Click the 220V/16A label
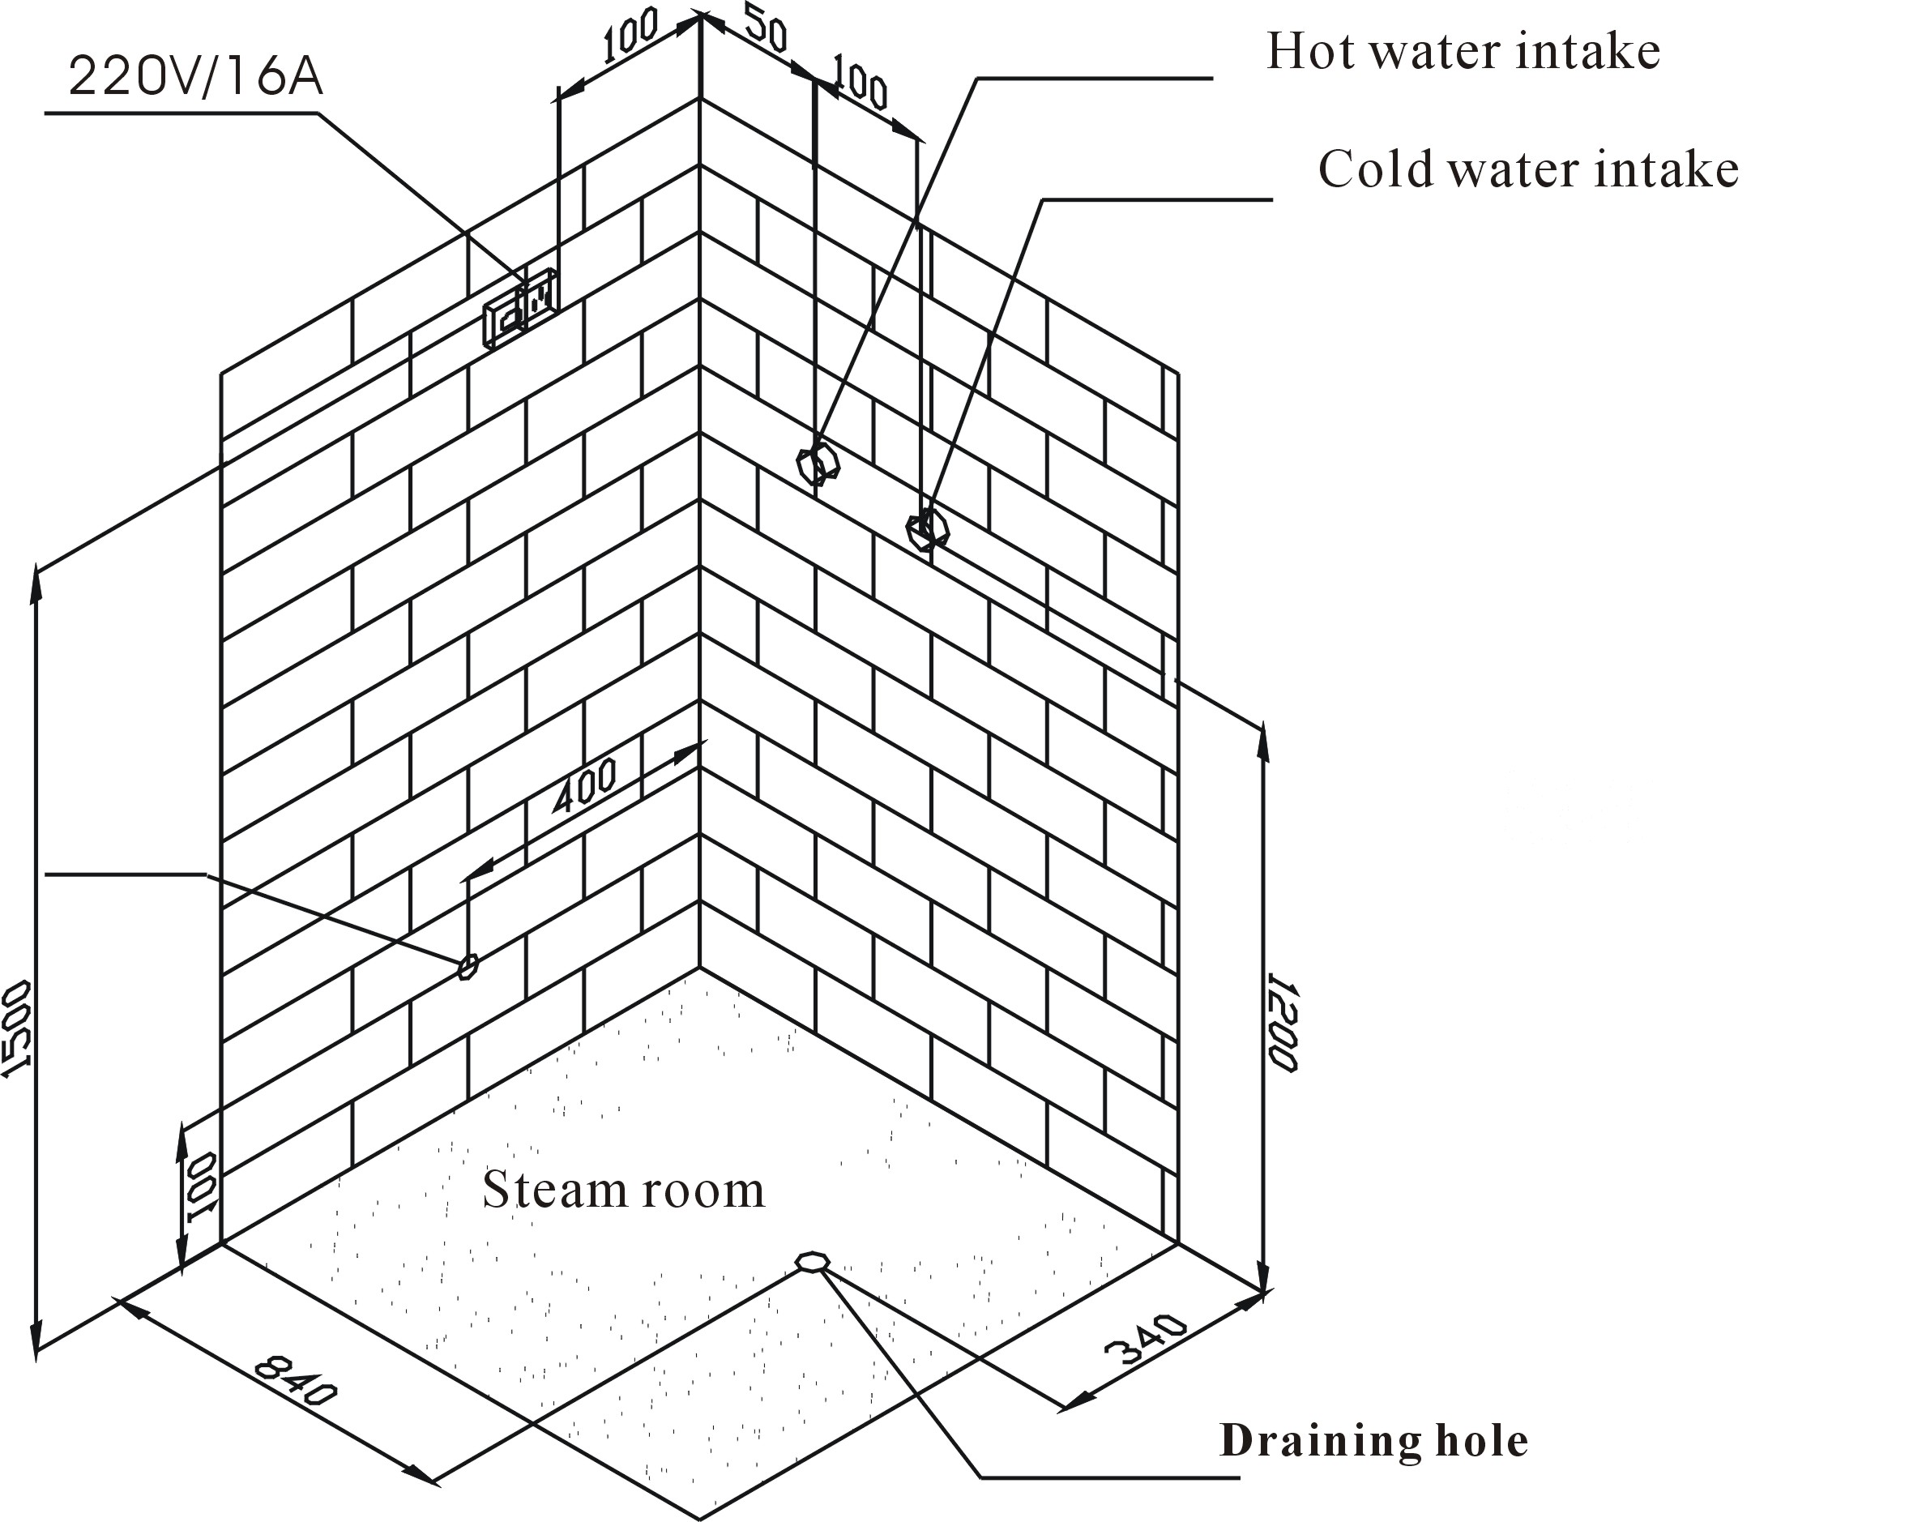[x=196, y=78]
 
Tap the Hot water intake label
[x=1463, y=51]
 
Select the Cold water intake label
[x=1527, y=169]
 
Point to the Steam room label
[x=623, y=1190]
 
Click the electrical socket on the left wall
[x=519, y=308]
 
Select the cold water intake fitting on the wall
[x=927, y=528]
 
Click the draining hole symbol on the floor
[x=811, y=1261]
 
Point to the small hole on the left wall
[x=468, y=966]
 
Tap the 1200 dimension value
[x=1281, y=1023]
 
